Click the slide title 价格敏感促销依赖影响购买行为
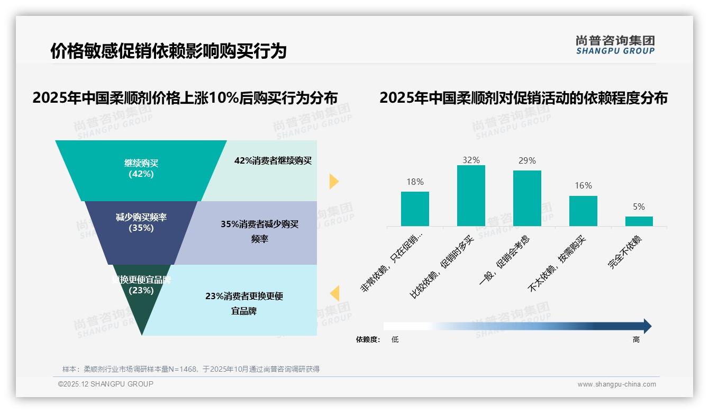[168, 51]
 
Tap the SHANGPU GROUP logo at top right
[615, 45]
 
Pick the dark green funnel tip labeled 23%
[141, 304]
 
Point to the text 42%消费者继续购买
[273, 161]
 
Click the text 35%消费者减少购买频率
[259, 231]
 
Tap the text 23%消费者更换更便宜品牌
[244, 303]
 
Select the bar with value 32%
[471, 196]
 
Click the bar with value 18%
[415, 209]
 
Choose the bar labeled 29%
[527, 198]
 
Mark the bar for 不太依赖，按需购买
[583, 211]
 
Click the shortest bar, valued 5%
[639, 221]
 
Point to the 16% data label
[583, 186]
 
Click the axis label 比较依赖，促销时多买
[442, 267]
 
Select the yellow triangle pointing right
[333, 181]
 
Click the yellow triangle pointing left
[334, 293]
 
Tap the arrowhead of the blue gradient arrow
[647, 326]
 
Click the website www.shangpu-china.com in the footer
[616, 384]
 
